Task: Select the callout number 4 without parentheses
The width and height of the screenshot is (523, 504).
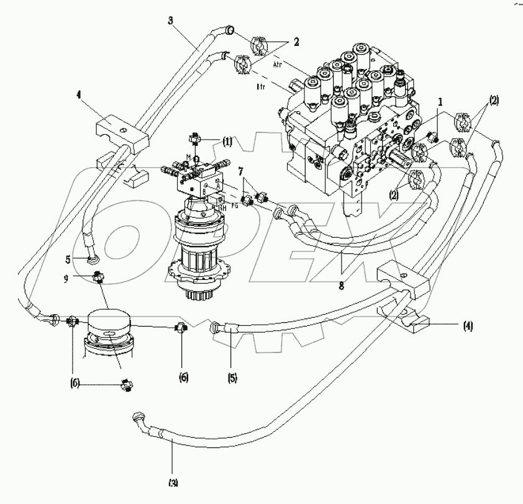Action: pyautogui.click(x=79, y=96)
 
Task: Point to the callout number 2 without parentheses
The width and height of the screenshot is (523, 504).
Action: pyautogui.click(x=296, y=42)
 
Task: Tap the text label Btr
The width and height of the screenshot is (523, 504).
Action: pyautogui.click(x=261, y=88)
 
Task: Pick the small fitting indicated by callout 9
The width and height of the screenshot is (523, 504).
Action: pyautogui.click(x=97, y=278)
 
